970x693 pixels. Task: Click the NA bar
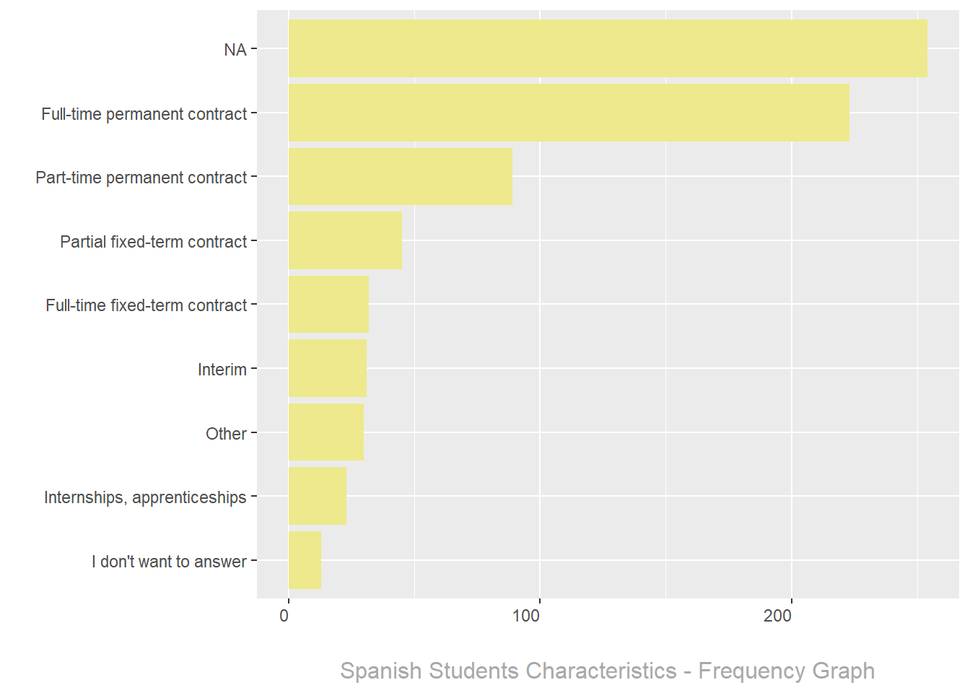coord(608,48)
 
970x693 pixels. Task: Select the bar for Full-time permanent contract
coord(569,113)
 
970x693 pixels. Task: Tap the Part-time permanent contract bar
coord(401,177)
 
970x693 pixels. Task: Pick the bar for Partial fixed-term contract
coord(345,240)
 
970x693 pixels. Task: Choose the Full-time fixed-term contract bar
coord(328,304)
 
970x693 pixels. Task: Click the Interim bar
coord(328,368)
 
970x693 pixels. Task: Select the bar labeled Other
coord(326,432)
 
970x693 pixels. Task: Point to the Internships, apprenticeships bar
coord(318,496)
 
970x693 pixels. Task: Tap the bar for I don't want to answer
coord(305,560)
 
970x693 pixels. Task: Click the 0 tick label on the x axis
coord(284,616)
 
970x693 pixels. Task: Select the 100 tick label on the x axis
coord(526,616)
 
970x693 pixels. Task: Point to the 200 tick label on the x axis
coord(777,616)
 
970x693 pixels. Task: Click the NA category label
coord(235,50)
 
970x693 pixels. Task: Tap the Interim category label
coord(222,370)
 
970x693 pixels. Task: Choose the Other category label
coord(226,434)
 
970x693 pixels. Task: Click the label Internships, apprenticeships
coord(145,497)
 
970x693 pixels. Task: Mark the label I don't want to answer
coord(169,562)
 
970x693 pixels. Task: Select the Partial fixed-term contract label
coord(153,242)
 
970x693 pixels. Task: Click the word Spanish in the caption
coord(381,671)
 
